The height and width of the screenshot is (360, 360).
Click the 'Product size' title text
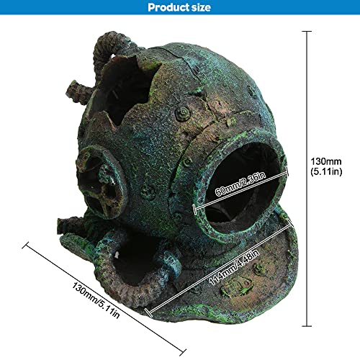click(179, 7)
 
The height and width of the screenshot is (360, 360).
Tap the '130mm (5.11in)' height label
click(326, 166)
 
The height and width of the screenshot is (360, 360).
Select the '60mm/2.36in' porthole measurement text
click(240, 184)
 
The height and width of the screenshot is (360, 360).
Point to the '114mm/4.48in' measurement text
click(234, 267)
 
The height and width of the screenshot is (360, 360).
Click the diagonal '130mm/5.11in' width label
click(96, 300)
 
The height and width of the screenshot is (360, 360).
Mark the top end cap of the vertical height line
click(307, 31)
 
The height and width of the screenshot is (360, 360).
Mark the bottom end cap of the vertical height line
click(307, 326)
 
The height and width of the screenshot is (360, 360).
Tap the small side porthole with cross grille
click(102, 182)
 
